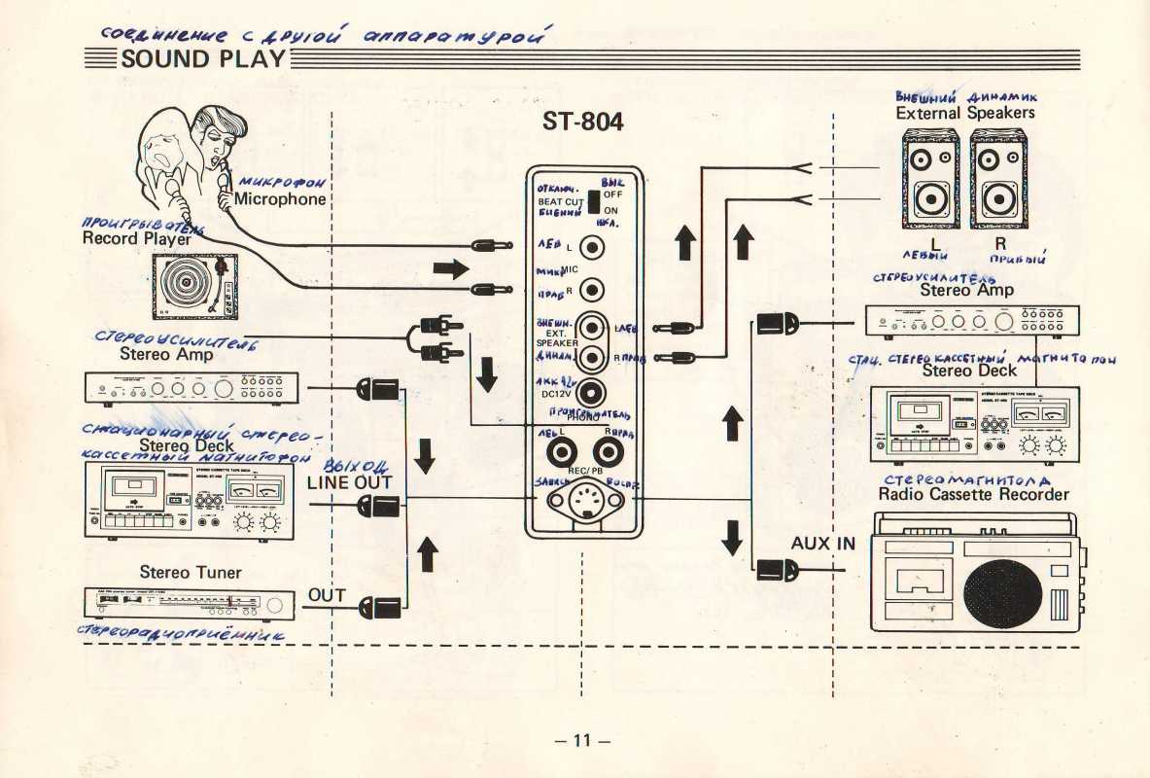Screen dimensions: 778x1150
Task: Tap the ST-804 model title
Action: coord(583,124)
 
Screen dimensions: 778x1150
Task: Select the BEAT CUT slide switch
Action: coord(592,201)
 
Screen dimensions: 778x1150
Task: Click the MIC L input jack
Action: coord(593,248)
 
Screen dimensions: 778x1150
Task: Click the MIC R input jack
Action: coord(593,290)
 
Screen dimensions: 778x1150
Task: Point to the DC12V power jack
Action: coord(592,393)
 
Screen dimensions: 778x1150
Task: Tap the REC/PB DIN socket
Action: coord(583,503)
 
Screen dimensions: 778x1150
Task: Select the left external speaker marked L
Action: coord(930,181)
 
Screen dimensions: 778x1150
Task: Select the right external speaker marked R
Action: coord(997,181)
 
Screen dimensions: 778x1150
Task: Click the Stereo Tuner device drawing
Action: coord(192,603)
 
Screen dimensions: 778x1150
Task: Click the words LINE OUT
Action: coord(349,482)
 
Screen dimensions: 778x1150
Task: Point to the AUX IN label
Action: coord(822,544)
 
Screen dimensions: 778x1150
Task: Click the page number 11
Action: coord(581,740)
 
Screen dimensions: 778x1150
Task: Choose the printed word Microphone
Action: coord(280,199)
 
